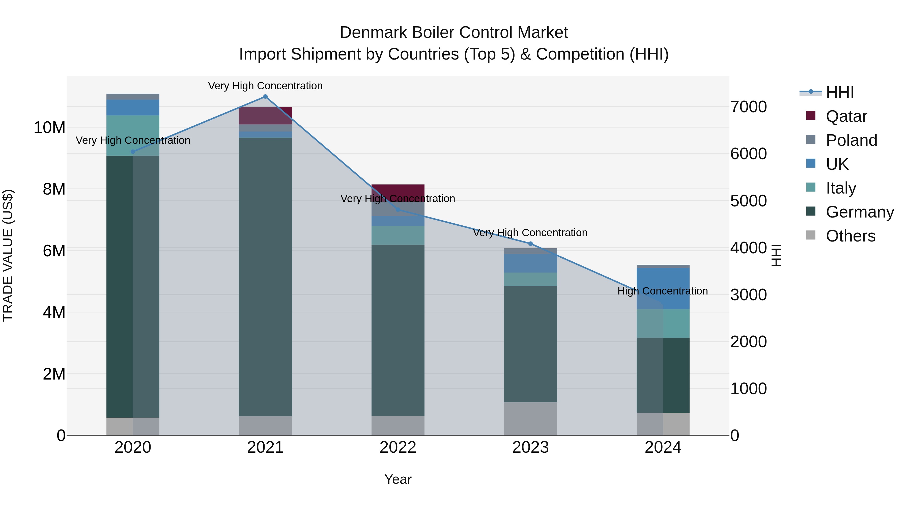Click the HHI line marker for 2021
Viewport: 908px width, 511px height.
[x=265, y=97]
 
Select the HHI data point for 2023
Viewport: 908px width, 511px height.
[x=530, y=244]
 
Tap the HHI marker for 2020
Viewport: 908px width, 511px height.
[x=133, y=152]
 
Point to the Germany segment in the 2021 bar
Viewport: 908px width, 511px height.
[x=265, y=277]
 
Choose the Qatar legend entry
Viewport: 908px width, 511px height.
[x=846, y=116]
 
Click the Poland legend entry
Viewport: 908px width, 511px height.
[x=851, y=140]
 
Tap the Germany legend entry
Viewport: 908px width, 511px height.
[x=859, y=212]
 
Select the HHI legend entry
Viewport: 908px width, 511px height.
[x=840, y=92]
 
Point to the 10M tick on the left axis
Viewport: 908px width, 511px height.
[x=49, y=127]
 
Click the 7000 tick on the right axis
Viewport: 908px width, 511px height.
[x=748, y=107]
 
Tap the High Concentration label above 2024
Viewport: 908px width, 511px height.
[x=662, y=291]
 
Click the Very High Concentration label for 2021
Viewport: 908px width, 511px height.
[x=265, y=86]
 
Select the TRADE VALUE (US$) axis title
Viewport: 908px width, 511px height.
[x=8, y=255]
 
